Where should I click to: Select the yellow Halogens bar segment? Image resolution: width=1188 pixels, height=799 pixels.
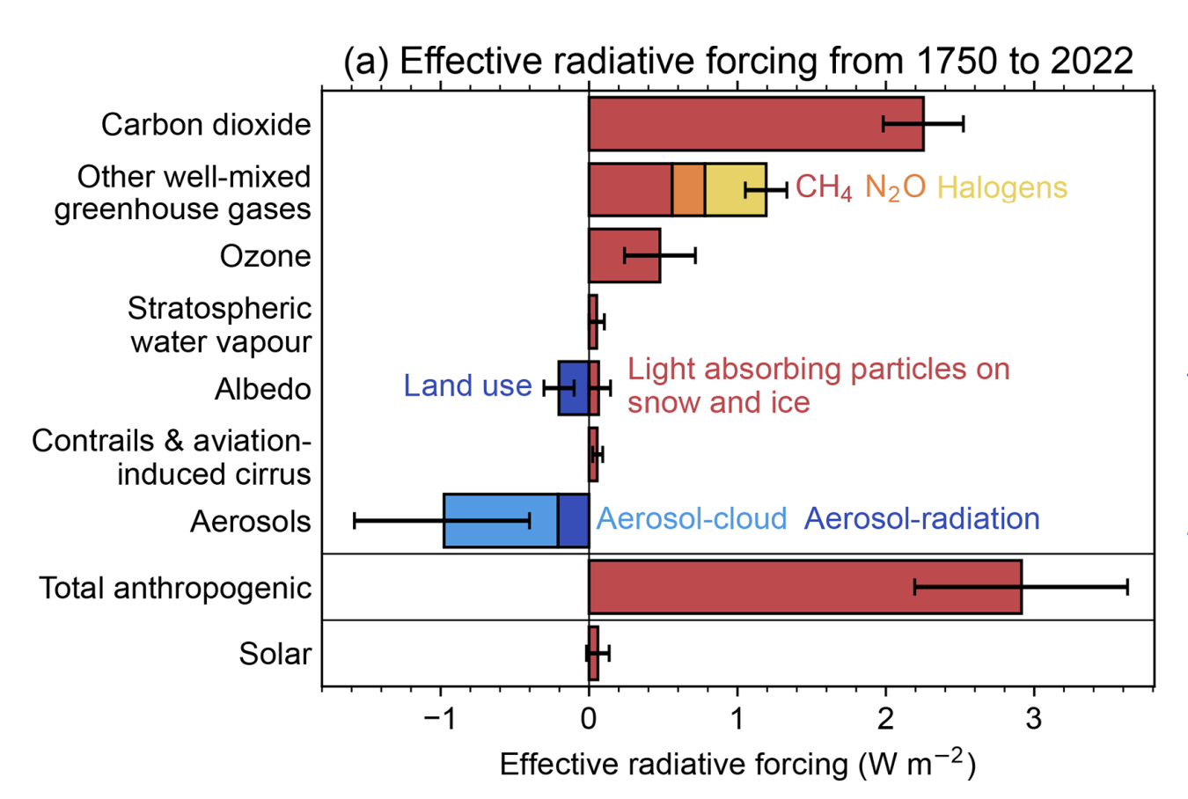click(x=735, y=189)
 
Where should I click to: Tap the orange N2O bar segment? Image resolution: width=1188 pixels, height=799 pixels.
click(x=688, y=189)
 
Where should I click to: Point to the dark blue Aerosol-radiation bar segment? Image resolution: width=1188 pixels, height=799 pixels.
click(x=573, y=521)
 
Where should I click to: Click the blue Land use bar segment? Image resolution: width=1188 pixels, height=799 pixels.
click(x=573, y=388)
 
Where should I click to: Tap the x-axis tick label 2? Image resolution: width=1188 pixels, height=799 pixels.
click(x=885, y=718)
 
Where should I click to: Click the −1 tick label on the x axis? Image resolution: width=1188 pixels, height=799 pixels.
click(x=439, y=718)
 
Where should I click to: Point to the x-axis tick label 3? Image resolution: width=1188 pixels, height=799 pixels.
click(x=1034, y=718)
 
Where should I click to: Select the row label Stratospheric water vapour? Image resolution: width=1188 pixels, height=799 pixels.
click(x=220, y=325)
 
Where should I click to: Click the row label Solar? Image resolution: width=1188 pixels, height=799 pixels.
click(x=275, y=654)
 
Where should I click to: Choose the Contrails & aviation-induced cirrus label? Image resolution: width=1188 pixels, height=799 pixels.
click(x=172, y=457)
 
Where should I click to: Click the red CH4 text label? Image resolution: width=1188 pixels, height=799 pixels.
click(x=823, y=187)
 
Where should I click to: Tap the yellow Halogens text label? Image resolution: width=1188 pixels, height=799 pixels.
click(x=1001, y=187)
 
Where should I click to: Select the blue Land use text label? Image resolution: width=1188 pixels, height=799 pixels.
click(x=467, y=385)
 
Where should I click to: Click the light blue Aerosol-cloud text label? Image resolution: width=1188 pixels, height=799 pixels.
click(x=692, y=519)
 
